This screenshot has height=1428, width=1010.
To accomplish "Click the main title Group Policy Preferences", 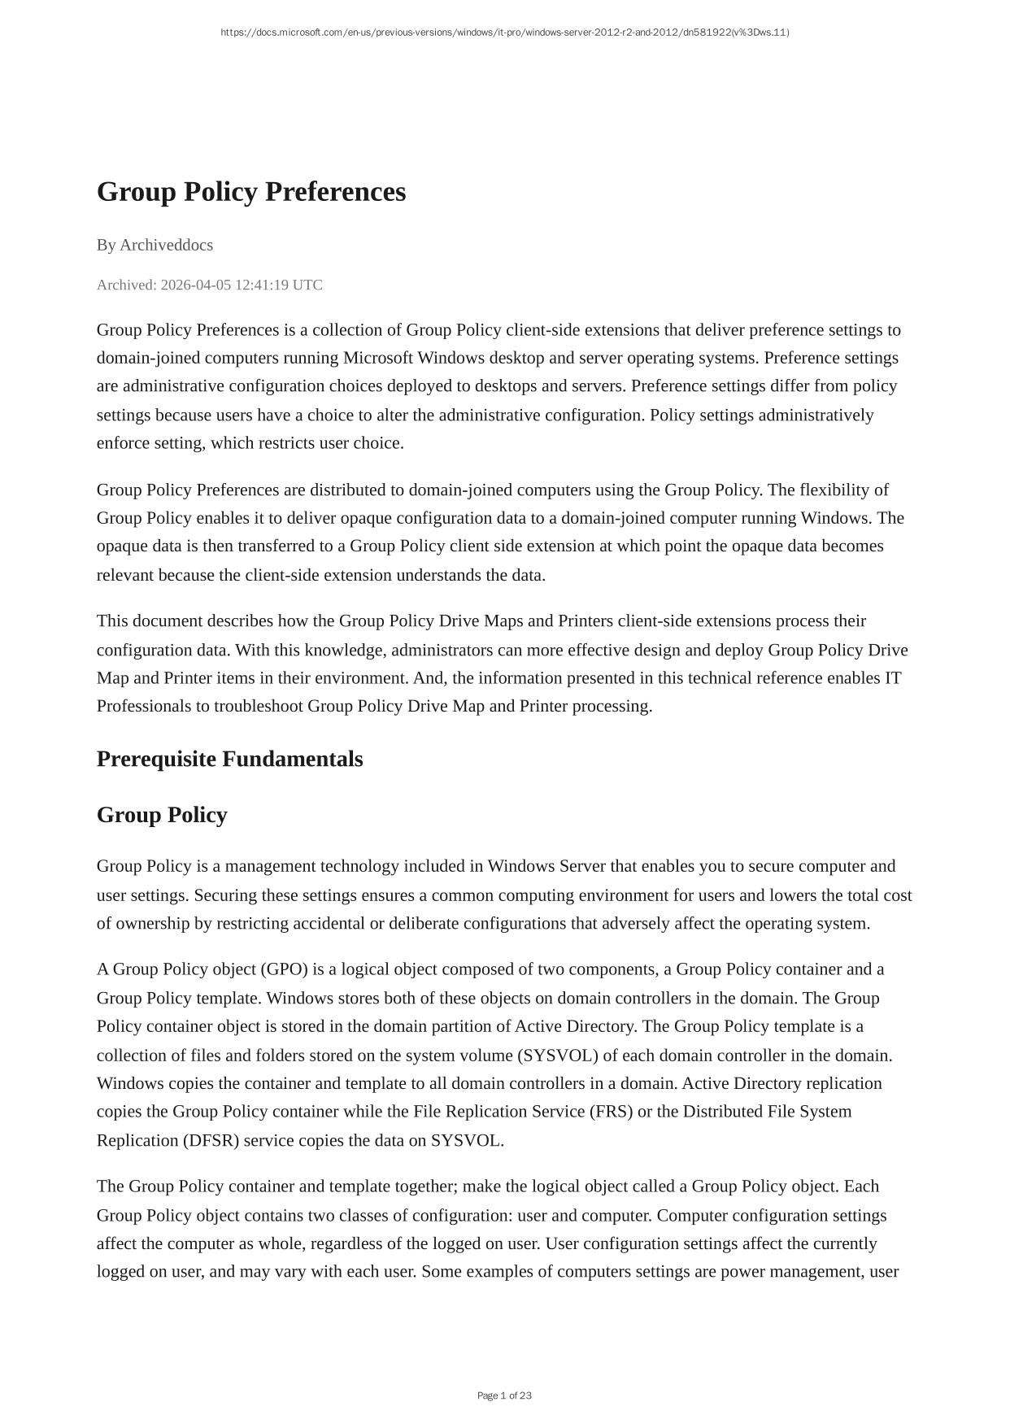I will point(251,192).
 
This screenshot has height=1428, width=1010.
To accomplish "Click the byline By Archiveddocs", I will point(155,245).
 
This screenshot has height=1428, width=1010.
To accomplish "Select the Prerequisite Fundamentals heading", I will point(229,759).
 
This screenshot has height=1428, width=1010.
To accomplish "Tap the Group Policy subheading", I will point(162,815).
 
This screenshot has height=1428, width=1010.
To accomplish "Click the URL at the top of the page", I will point(504,33).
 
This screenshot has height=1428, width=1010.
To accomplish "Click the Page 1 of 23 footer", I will point(504,1395).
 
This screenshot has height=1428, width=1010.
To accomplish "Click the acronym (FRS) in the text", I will point(611,1112).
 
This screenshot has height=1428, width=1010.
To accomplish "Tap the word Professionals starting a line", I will point(144,706).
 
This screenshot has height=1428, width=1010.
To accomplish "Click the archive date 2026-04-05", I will point(196,285).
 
